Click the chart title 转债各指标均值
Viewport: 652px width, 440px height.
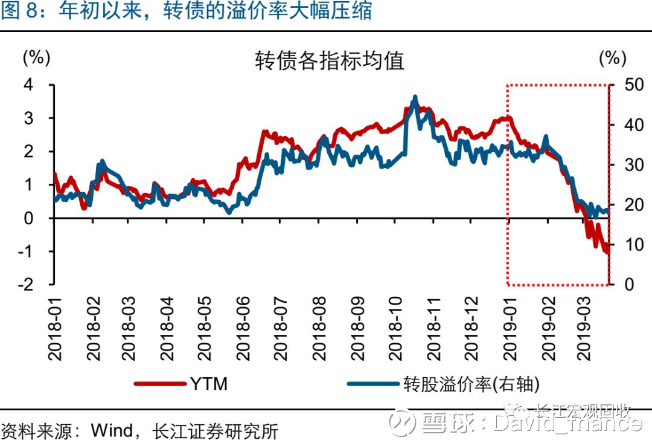329,61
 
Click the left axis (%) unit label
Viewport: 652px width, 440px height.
36,58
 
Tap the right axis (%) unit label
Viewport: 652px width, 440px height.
613,58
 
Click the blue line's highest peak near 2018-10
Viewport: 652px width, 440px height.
415,97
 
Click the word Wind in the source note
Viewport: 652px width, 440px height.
112,431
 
